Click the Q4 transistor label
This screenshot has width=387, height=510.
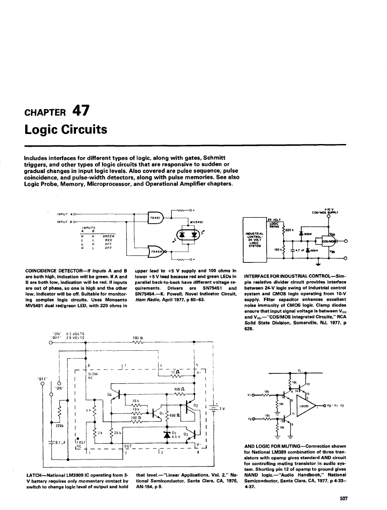pos(109,394)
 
